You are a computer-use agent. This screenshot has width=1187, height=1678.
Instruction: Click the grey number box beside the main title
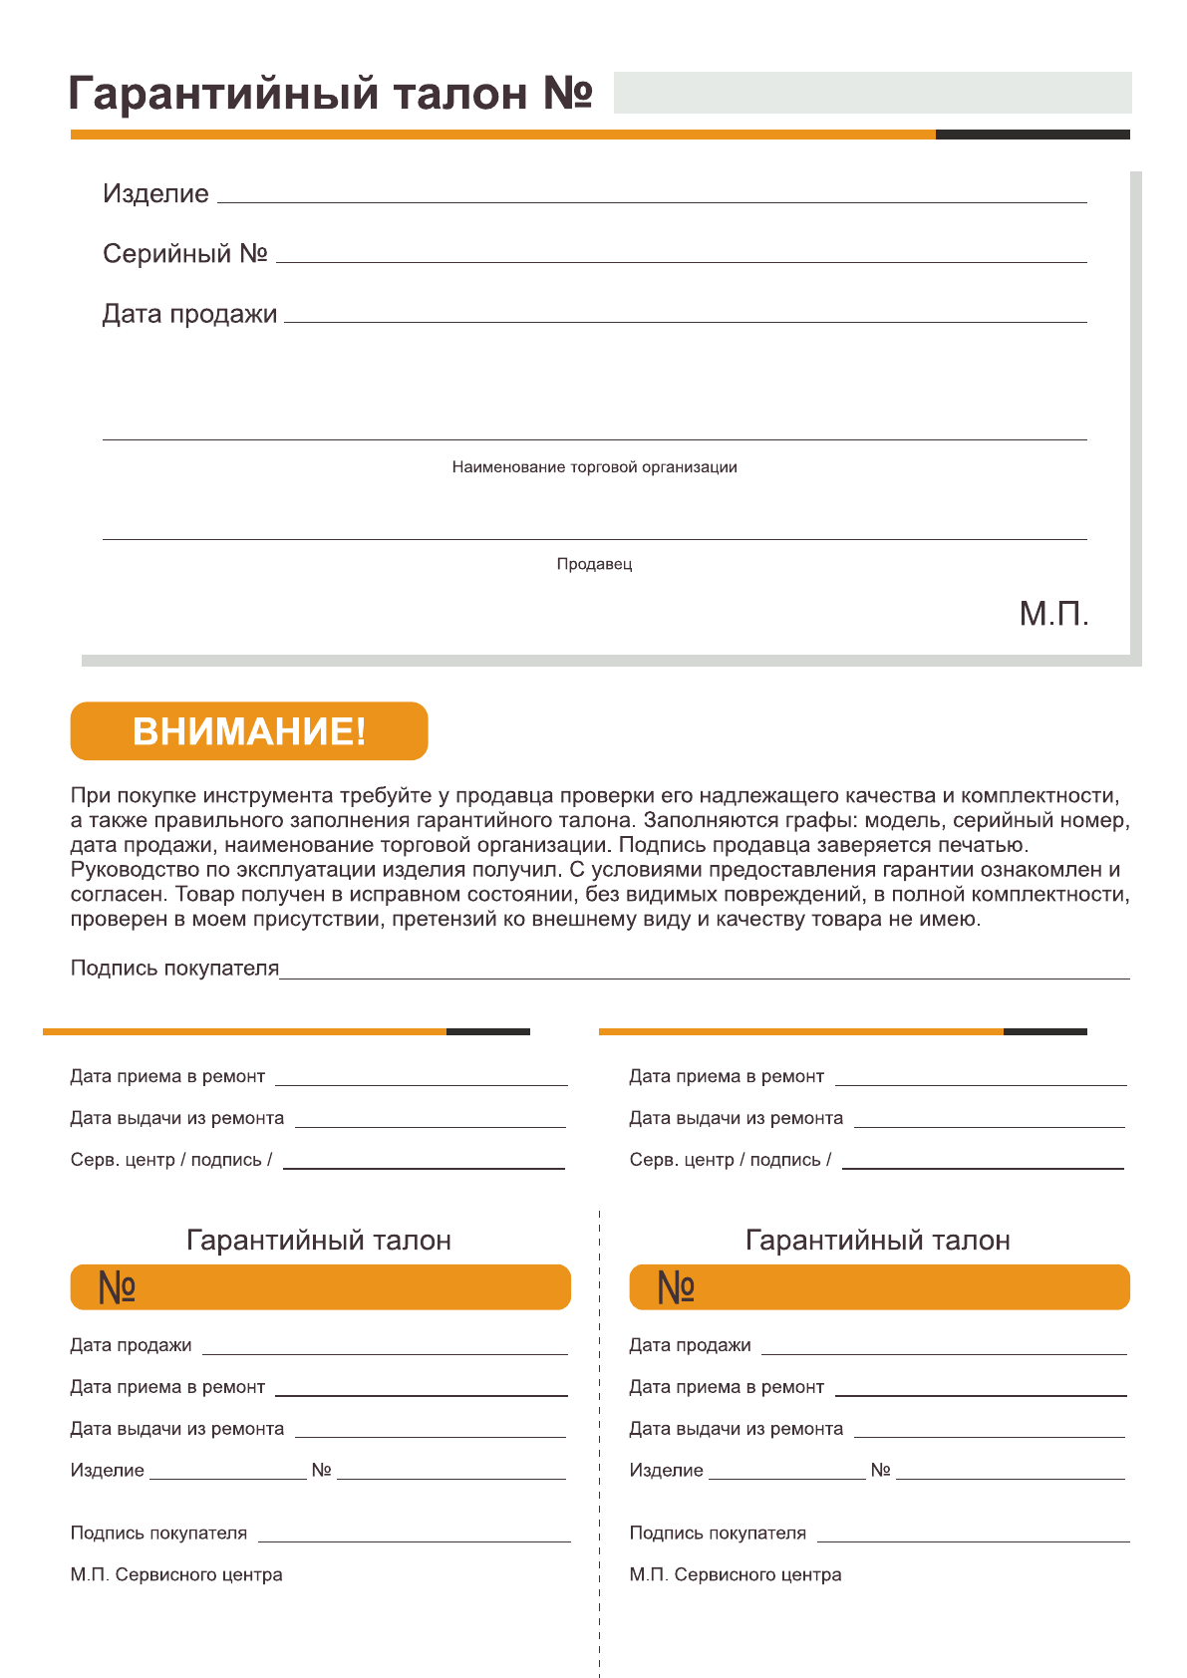coord(872,93)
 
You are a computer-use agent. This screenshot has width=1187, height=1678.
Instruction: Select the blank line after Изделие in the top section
coord(652,200)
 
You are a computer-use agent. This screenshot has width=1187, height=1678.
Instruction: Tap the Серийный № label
coord(185,254)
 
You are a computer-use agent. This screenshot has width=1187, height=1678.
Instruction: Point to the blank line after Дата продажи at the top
coord(686,320)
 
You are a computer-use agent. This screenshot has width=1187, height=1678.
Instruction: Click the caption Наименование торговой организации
coord(594,467)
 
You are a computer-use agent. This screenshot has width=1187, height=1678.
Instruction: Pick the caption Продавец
coord(594,564)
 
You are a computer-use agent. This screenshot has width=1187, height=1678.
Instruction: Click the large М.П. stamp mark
coord(1053,614)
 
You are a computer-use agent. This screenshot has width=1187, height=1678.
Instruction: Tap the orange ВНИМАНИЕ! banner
coord(249,731)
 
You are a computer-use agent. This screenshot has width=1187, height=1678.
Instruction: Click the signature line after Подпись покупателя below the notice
coord(704,977)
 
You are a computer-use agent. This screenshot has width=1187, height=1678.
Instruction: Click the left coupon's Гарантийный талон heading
coord(319,1241)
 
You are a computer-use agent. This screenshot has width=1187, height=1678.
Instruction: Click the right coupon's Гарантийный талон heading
coord(878,1241)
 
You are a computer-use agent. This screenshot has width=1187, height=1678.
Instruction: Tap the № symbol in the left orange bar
coord(117,1287)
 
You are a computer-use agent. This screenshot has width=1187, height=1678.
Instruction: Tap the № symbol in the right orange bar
coord(676,1287)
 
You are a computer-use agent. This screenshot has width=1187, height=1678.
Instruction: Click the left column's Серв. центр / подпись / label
coord(171,1160)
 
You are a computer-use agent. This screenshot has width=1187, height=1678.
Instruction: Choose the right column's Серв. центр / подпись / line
coord(983,1166)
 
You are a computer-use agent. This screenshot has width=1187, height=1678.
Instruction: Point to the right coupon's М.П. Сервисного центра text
coord(736,1574)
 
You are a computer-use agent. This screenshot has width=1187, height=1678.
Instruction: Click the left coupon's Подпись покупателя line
coord(414,1540)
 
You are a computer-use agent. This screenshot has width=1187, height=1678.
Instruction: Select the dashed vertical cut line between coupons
coord(599,1445)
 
